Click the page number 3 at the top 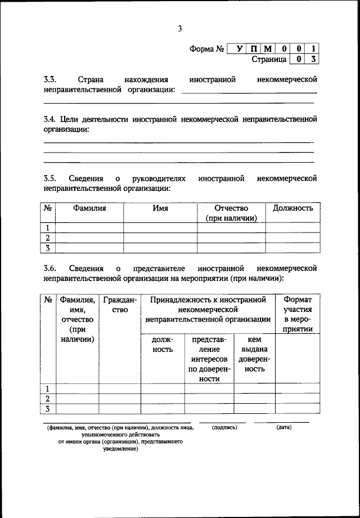click(x=179, y=29)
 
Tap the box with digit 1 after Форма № click(x=313, y=48)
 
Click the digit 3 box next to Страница click(x=313, y=59)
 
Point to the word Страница click(x=269, y=59)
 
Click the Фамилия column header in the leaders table click(x=89, y=208)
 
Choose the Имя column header click(x=160, y=208)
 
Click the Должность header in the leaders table click(x=292, y=208)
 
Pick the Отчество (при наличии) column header click(x=231, y=213)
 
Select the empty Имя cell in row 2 click(x=160, y=238)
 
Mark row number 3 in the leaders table click(x=48, y=248)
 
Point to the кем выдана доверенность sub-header click(x=254, y=355)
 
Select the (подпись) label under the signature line click(x=224, y=427)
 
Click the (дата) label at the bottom click(x=283, y=427)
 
